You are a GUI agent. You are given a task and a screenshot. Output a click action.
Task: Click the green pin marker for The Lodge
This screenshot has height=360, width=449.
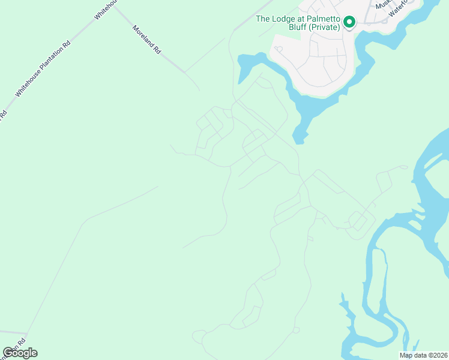pyautogui.click(x=349, y=23)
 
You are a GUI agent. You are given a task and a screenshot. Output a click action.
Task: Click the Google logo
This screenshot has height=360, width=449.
pyautogui.click(x=20, y=353)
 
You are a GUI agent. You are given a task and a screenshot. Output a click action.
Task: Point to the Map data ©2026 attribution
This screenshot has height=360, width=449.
pyautogui.click(x=423, y=355)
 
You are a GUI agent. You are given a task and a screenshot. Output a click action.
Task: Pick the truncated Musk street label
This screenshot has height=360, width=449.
pyautogui.click(x=382, y=5)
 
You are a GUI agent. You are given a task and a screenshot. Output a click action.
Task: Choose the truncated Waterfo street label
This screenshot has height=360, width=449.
pyautogui.click(x=398, y=8)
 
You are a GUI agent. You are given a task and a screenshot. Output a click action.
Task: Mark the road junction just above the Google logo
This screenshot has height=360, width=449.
pyautogui.click(x=26, y=333)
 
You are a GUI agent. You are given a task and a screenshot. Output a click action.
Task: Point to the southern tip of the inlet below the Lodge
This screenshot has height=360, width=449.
pyautogui.click(x=300, y=142)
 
